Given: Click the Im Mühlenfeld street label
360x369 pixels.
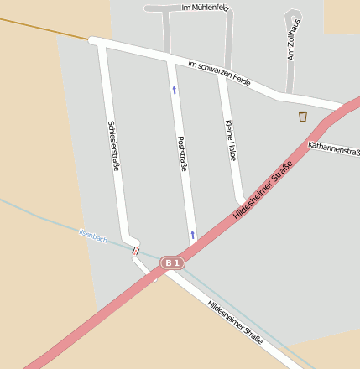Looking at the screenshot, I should [205, 8].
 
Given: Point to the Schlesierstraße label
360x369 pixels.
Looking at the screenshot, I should [113, 146].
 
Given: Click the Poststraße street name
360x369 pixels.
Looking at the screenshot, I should [182, 153].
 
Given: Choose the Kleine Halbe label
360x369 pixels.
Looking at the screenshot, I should [231, 140].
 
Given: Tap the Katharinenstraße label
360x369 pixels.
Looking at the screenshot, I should [334, 149].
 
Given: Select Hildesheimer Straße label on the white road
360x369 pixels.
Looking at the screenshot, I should [235, 321].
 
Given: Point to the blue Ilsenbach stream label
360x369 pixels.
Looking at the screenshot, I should [93, 236].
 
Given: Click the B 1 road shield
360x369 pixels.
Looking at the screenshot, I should [172, 263].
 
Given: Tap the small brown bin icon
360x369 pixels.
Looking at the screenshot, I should [302, 117].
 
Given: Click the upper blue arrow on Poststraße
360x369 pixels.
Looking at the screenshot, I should [175, 89].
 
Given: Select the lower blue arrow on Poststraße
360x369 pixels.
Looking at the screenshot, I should [192, 235].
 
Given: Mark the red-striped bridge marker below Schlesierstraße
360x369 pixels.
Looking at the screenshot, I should [135, 250].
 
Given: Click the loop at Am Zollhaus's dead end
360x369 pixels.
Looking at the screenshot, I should [293, 17].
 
